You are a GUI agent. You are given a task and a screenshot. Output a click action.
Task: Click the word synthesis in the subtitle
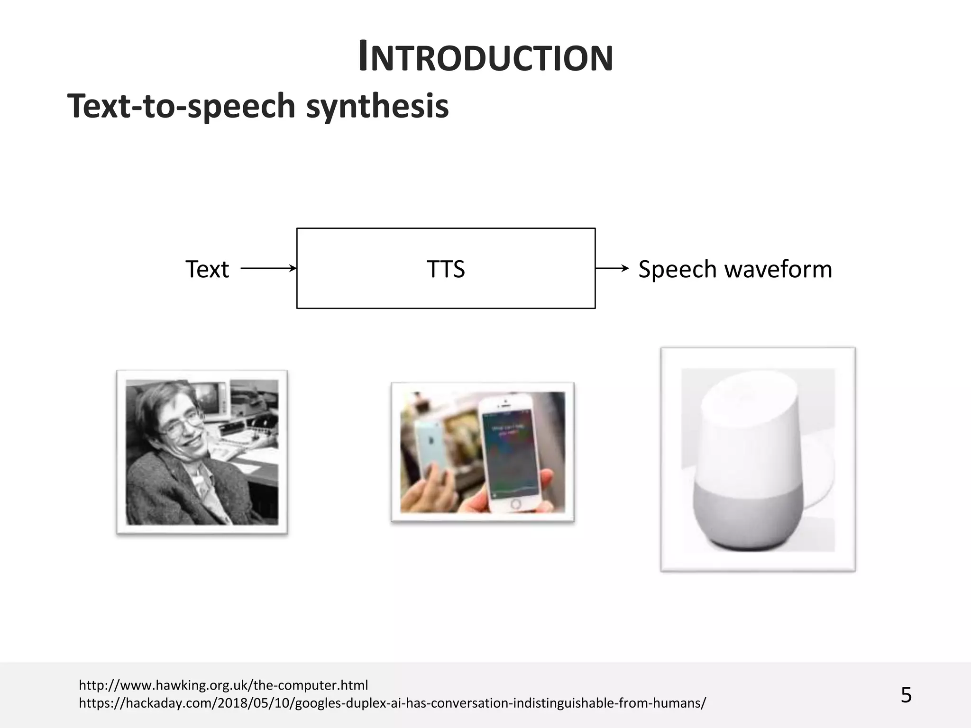click(377, 106)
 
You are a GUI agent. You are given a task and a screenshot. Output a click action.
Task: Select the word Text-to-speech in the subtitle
click(181, 106)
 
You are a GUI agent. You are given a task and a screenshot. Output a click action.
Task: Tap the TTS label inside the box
click(446, 269)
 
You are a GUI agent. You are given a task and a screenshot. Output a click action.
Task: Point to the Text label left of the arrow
click(207, 269)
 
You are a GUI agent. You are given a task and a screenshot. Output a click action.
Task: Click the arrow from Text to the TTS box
click(268, 268)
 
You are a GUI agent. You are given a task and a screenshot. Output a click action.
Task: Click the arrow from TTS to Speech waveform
click(612, 268)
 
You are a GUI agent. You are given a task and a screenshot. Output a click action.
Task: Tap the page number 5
click(906, 695)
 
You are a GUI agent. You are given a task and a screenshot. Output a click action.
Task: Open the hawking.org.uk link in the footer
click(223, 685)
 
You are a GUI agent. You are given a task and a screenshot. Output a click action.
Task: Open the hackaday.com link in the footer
click(392, 703)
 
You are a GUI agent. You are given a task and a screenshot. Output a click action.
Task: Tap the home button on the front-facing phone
click(516, 503)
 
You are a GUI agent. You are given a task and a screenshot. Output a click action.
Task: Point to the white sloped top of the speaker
click(749, 393)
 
